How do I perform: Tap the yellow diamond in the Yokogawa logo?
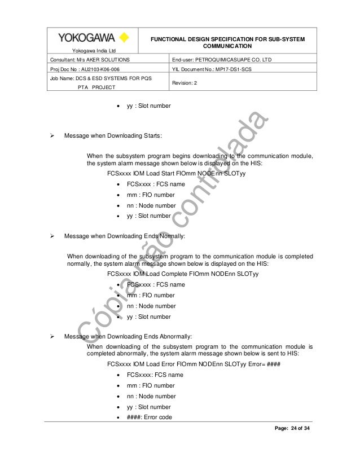tap(125, 38)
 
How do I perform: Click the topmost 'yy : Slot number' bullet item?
tap(148, 105)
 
